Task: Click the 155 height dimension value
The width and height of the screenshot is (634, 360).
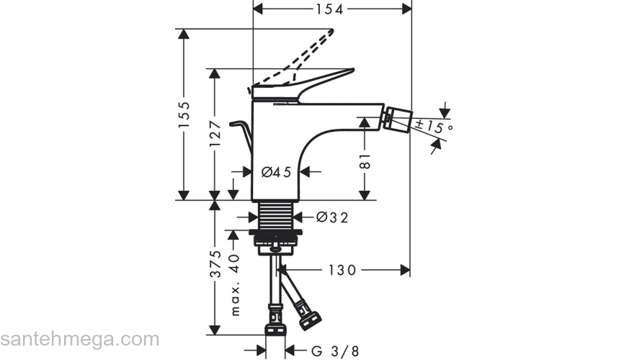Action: coord(184,114)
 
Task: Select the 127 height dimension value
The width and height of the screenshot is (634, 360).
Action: coord(214,132)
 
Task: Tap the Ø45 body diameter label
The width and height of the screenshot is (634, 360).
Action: coord(276,171)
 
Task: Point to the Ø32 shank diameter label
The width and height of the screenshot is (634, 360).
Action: coord(332,217)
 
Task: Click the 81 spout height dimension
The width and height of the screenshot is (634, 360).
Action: coord(365,161)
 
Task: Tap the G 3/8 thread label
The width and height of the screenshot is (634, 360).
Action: coord(335,351)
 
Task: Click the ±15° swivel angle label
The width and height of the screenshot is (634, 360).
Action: coord(433,127)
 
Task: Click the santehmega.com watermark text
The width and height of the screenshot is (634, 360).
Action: coord(79,338)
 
